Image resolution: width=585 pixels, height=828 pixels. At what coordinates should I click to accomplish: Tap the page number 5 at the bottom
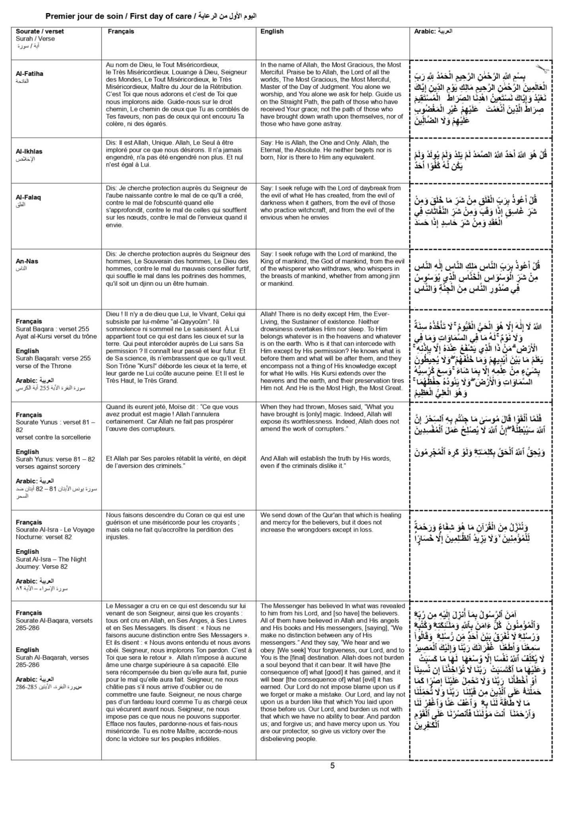332,766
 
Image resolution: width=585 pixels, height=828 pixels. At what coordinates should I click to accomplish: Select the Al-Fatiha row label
29,74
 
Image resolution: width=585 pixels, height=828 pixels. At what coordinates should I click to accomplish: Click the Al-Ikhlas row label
29,151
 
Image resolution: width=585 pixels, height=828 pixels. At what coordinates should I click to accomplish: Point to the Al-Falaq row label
28,197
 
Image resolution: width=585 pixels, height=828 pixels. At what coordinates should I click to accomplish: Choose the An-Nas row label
27,261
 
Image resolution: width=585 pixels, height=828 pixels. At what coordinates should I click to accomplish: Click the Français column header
121,31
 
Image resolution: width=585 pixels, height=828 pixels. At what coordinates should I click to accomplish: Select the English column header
272,31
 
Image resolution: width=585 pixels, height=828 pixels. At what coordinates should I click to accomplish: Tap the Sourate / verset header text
40,31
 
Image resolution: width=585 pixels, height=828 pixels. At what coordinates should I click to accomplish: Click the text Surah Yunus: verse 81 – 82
55,459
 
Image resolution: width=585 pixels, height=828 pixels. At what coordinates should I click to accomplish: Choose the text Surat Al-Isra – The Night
51,559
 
